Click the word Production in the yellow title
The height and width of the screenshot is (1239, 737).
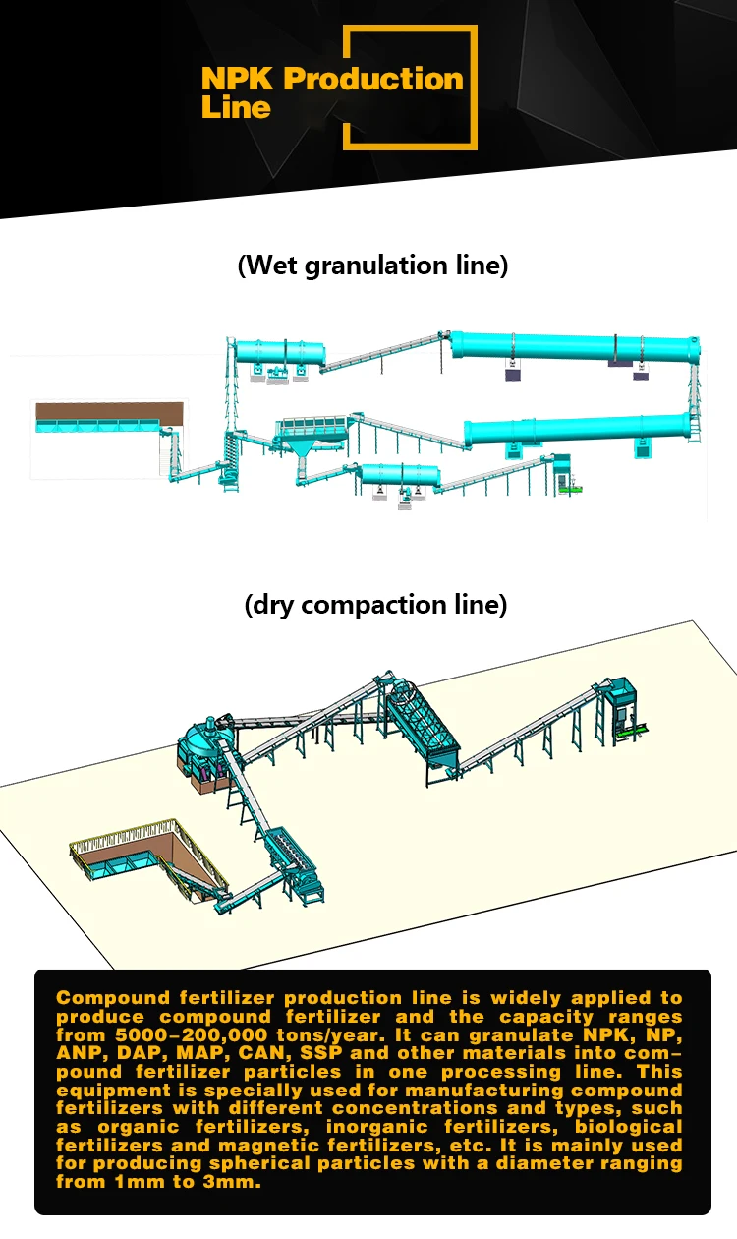(x=373, y=79)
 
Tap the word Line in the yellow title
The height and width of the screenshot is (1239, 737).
(x=236, y=107)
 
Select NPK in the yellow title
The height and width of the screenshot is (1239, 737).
(x=239, y=79)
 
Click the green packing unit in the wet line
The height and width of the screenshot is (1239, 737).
(x=568, y=483)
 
